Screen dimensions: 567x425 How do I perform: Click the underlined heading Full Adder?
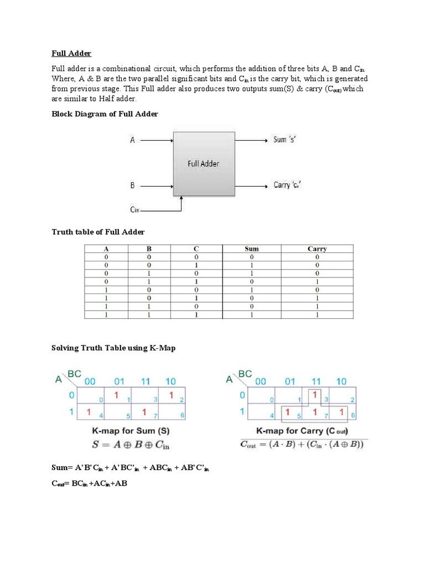[x=71, y=53]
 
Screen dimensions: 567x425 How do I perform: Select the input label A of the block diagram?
[x=132, y=141]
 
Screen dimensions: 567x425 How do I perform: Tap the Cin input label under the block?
[x=135, y=210]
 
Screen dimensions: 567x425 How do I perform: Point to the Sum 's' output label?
[x=285, y=140]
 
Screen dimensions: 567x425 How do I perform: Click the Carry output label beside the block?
[x=288, y=185]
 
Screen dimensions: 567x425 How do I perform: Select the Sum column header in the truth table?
[x=251, y=249]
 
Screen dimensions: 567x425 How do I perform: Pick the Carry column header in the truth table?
[x=317, y=249]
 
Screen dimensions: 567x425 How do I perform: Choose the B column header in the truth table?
[x=148, y=249]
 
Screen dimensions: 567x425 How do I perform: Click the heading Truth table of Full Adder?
[x=98, y=231]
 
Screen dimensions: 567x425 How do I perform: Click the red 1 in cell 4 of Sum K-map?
[x=89, y=412]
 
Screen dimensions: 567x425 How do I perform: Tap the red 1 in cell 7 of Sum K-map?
[x=144, y=412]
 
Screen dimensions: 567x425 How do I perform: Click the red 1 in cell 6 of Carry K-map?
[x=341, y=412]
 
